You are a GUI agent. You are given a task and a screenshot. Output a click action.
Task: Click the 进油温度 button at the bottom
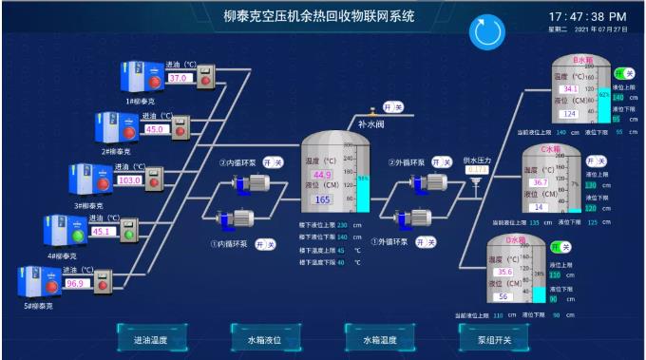click(150, 338)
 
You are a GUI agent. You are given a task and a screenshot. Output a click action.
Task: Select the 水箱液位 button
click(265, 338)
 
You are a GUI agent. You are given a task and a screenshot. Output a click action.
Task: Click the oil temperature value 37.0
click(179, 78)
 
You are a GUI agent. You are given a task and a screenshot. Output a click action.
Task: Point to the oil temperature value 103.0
click(129, 180)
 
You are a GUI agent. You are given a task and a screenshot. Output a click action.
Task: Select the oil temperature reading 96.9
click(75, 283)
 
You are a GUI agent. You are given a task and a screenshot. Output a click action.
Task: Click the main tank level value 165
click(322, 199)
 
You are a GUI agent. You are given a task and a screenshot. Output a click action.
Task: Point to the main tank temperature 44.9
click(322, 175)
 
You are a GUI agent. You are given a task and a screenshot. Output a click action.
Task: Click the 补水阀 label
click(370, 123)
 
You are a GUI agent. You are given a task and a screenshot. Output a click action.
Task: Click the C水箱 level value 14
click(538, 207)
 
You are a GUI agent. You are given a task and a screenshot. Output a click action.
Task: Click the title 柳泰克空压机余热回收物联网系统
click(319, 16)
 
